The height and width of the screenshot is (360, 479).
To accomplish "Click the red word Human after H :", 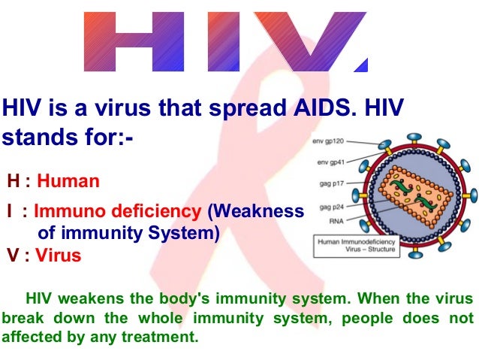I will pos(68,181).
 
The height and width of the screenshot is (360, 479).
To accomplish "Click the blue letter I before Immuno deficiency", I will pos(11,213).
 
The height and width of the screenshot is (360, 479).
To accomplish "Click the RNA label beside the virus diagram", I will pos(327,222).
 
